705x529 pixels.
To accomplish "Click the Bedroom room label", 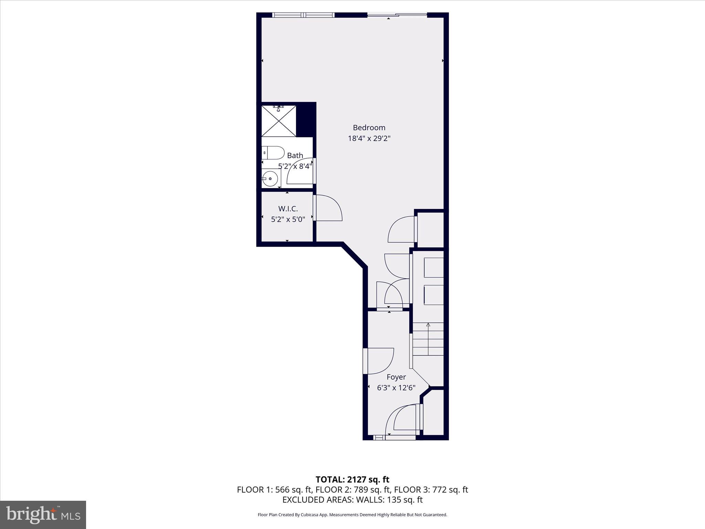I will tap(369, 128).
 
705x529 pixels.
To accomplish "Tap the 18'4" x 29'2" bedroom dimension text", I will tap(369, 139).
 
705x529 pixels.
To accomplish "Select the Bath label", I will tap(295, 156).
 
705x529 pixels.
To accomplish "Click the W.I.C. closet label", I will tap(288, 209).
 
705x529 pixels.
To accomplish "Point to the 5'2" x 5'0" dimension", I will tap(288, 219).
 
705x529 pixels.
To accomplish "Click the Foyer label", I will tap(396, 377).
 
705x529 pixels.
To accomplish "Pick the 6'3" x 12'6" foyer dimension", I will tap(396, 388).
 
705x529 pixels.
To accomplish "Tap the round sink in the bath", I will tap(270, 179).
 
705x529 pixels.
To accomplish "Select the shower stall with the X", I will tap(278, 121).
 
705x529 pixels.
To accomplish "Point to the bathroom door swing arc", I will tap(299, 171).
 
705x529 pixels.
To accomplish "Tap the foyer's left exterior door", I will tap(379, 361).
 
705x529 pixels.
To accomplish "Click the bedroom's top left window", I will tap(303, 15).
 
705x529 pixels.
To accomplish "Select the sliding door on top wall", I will tap(397, 15).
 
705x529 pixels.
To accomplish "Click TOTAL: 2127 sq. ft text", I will tap(352, 479).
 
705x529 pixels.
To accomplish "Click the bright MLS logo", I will tap(43, 515).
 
